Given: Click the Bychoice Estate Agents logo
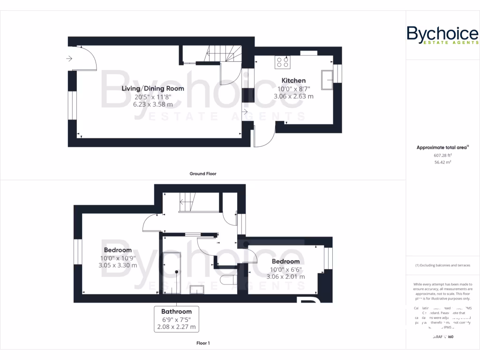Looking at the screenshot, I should (442, 35).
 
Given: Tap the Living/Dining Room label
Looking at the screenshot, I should (153, 88).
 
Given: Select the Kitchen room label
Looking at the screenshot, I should (293, 81).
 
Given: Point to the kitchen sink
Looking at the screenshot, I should (326, 80).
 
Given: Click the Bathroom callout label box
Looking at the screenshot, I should (176, 319).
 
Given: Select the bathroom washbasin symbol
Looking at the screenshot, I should (196, 289).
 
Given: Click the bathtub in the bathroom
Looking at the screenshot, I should (171, 272).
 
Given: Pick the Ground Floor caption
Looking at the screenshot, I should (203, 173).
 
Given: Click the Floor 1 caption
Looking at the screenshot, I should (203, 343).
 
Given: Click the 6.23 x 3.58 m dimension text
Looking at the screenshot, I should (153, 105).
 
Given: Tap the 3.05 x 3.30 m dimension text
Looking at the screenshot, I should (118, 265).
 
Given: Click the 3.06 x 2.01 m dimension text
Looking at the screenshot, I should (285, 277).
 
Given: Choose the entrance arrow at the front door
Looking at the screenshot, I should (69, 59).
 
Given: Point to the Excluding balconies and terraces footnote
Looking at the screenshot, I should (442, 265).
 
